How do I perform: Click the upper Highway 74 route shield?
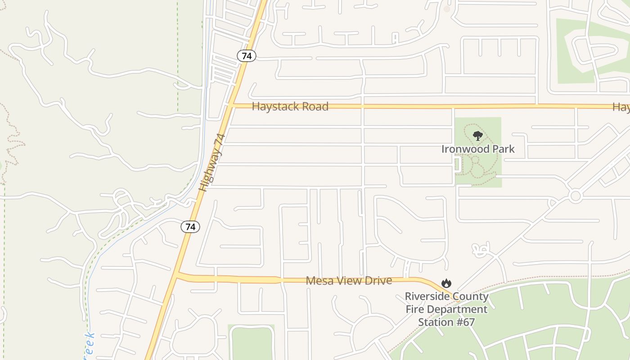[246, 56]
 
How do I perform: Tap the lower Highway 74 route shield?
[190, 226]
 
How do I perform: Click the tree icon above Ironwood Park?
[478, 135]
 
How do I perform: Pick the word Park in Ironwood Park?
[505, 149]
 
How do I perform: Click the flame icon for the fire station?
[446, 283]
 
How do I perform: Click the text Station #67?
[446, 322]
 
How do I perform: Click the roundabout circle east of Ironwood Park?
[575, 196]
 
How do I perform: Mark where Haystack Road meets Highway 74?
[231, 106]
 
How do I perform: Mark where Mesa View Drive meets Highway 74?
[177, 274]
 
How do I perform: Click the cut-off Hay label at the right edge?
[621, 107]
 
